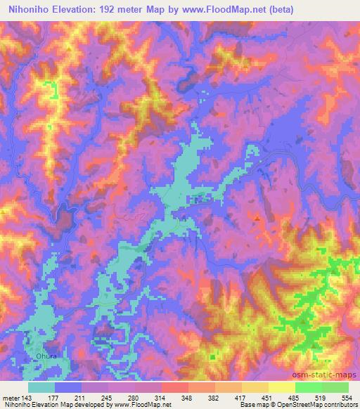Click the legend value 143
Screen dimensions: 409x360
pos(29,398)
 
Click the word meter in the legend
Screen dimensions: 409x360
pos(11,398)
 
